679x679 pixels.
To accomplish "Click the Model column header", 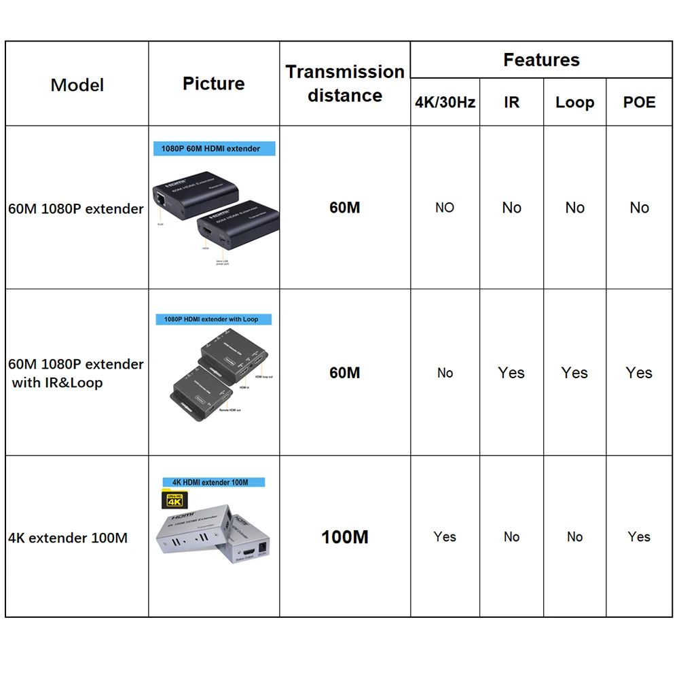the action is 77,85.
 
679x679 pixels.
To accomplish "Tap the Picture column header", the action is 213,84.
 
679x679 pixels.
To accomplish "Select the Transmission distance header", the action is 345,84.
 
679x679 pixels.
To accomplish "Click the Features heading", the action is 541,60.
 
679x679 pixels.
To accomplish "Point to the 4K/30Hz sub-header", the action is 445,103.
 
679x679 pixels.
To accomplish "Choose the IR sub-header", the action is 511,103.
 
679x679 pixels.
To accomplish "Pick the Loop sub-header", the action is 574,103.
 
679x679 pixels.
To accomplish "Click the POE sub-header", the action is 639,103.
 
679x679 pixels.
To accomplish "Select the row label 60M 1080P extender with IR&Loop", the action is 76,373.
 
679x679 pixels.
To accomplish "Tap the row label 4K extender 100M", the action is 68,538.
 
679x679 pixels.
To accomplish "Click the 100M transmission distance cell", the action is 345,537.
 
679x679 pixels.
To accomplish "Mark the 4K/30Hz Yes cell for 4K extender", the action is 445,536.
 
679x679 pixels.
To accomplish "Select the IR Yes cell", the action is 511,373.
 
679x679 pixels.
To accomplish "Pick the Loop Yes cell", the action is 574,373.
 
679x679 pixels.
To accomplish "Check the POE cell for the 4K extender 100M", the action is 639,536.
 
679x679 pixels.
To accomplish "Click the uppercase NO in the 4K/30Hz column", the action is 445,208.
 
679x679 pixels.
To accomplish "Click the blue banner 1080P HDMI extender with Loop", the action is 211,319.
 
